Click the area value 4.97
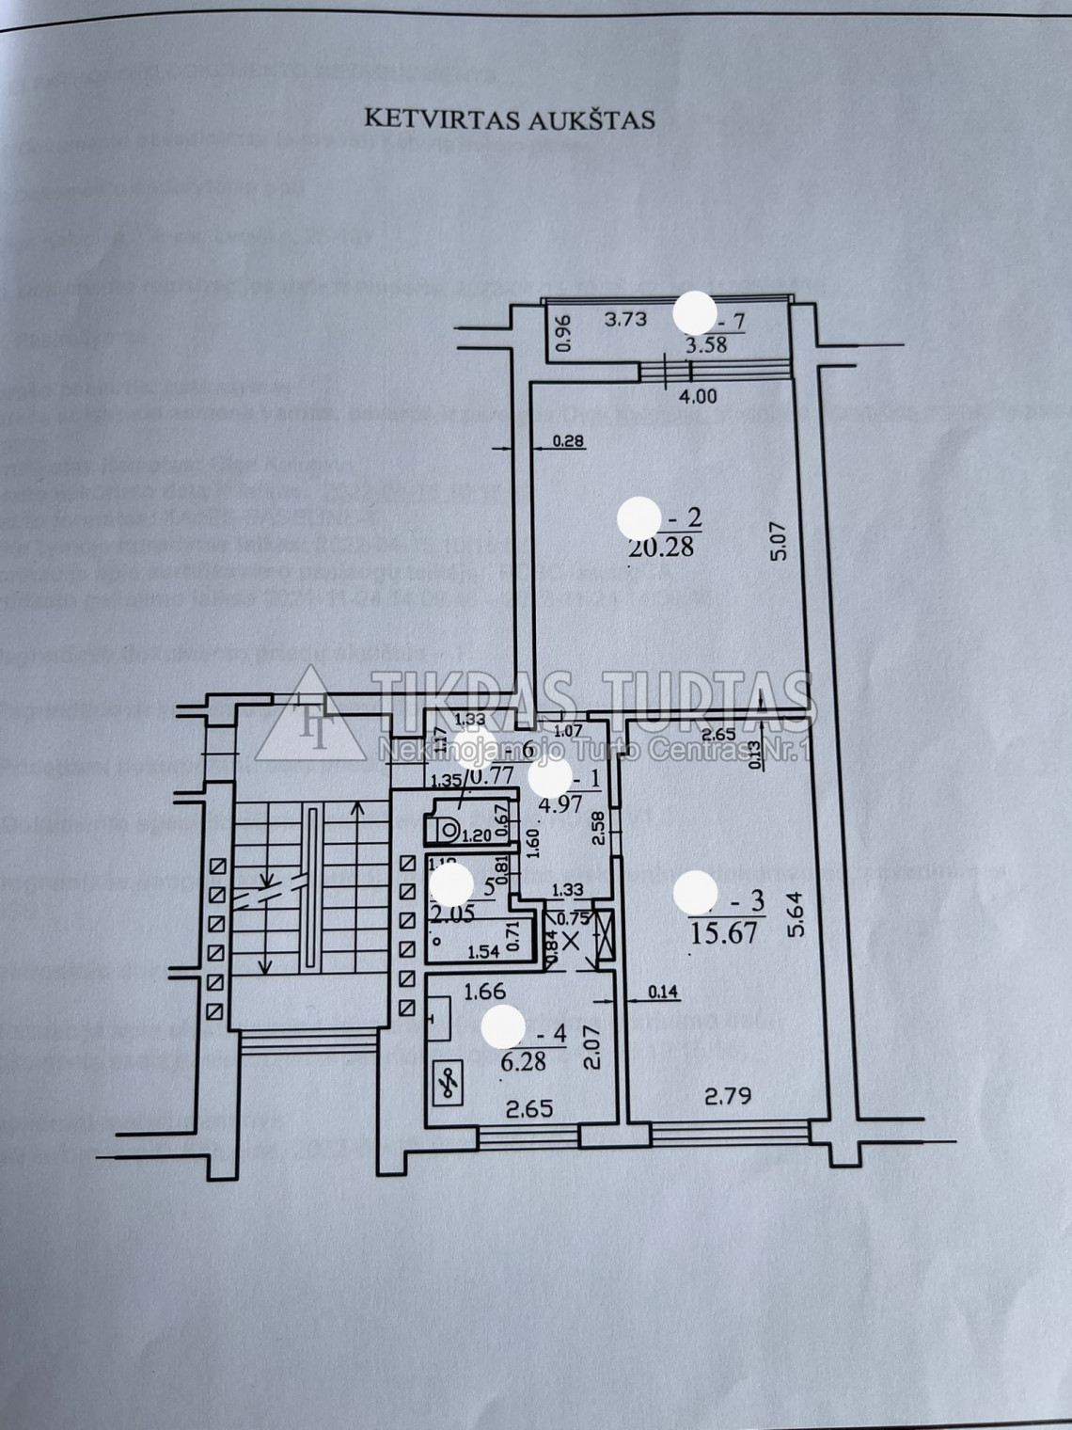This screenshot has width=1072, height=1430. [x=566, y=804]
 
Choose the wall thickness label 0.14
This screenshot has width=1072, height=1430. [x=664, y=990]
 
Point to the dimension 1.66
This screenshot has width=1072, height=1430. [x=485, y=990]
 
